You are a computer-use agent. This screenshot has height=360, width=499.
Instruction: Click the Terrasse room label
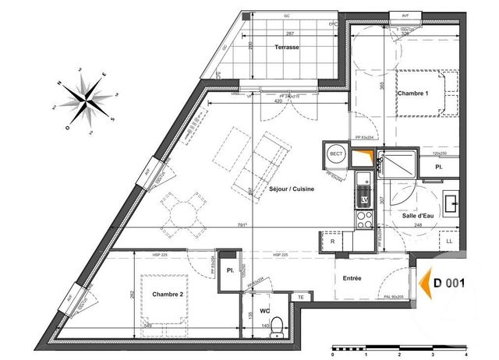(x=287, y=48)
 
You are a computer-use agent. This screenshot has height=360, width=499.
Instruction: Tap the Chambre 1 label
(x=412, y=94)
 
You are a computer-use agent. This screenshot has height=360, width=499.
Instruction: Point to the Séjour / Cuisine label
(x=271, y=189)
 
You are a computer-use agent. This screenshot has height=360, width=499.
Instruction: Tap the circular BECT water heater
(x=336, y=155)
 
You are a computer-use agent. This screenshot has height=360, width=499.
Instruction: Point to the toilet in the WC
(x=273, y=330)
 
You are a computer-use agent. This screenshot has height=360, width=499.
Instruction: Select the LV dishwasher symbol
(x=363, y=199)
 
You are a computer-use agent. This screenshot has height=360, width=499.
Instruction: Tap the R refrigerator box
(x=334, y=241)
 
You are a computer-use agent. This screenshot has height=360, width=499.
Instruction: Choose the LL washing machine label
(x=450, y=241)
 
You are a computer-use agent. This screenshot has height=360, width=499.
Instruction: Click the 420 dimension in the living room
(x=271, y=102)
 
